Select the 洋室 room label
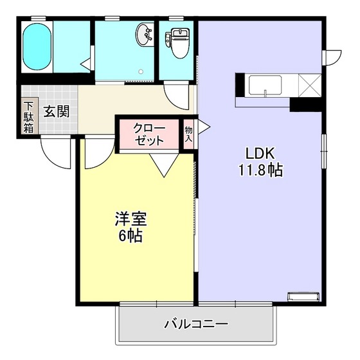pyautogui.click(x=131, y=219)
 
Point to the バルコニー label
pyautogui.click(x=196, y=323)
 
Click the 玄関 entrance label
pyautogui.click(x=57, y=111)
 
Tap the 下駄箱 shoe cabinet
pyautogui.click(x=29, y=117)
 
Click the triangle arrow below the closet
pyautogui.click(x=163, y=168)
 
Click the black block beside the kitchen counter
pyautogui.click(x=305, y=103)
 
